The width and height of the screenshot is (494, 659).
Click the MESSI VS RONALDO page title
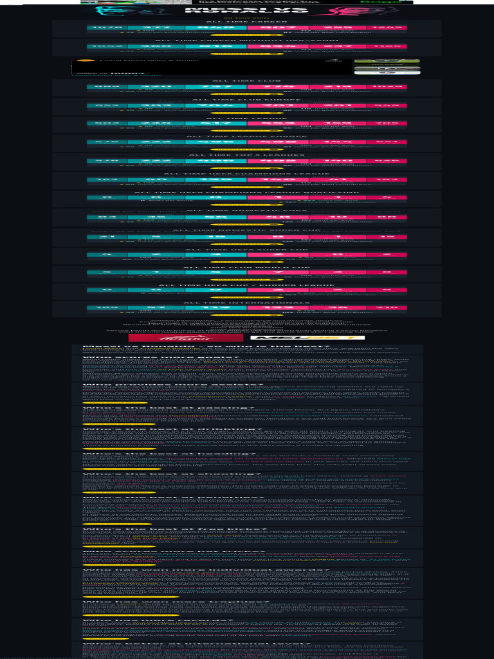[247, 10]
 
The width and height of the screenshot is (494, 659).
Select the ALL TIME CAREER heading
[247, 22]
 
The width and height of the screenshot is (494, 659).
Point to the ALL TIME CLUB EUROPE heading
[247, 100]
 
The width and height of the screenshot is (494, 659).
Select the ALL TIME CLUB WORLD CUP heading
[247, 267]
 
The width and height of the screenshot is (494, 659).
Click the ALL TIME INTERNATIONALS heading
[247, 302]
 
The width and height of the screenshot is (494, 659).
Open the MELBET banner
[307, 338]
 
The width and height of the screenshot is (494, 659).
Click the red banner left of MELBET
[186, 338]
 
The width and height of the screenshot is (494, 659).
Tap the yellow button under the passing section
[119, 423]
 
